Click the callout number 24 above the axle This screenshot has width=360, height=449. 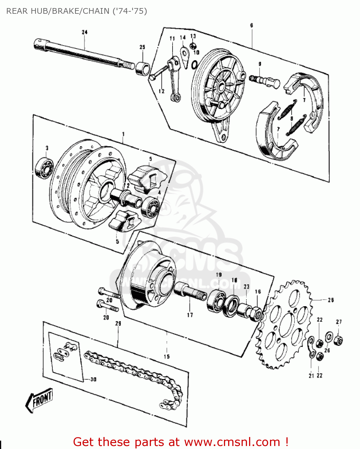click(85, 32)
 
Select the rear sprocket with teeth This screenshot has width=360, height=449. click(286, 325)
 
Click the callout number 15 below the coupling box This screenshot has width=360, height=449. click(167, 356)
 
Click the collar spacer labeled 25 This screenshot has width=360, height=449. click(142, 68)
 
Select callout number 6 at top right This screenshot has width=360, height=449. click(251, 25)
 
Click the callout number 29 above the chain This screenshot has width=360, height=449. click(118, 323)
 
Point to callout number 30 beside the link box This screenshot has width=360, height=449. click(93, 379)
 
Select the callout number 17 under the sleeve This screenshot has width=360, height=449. click(190, 315)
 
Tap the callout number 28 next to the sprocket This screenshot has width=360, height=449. click(331, 300)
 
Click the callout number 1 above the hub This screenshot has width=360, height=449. click(123, 134)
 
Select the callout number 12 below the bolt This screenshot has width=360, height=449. click(161, 91)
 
